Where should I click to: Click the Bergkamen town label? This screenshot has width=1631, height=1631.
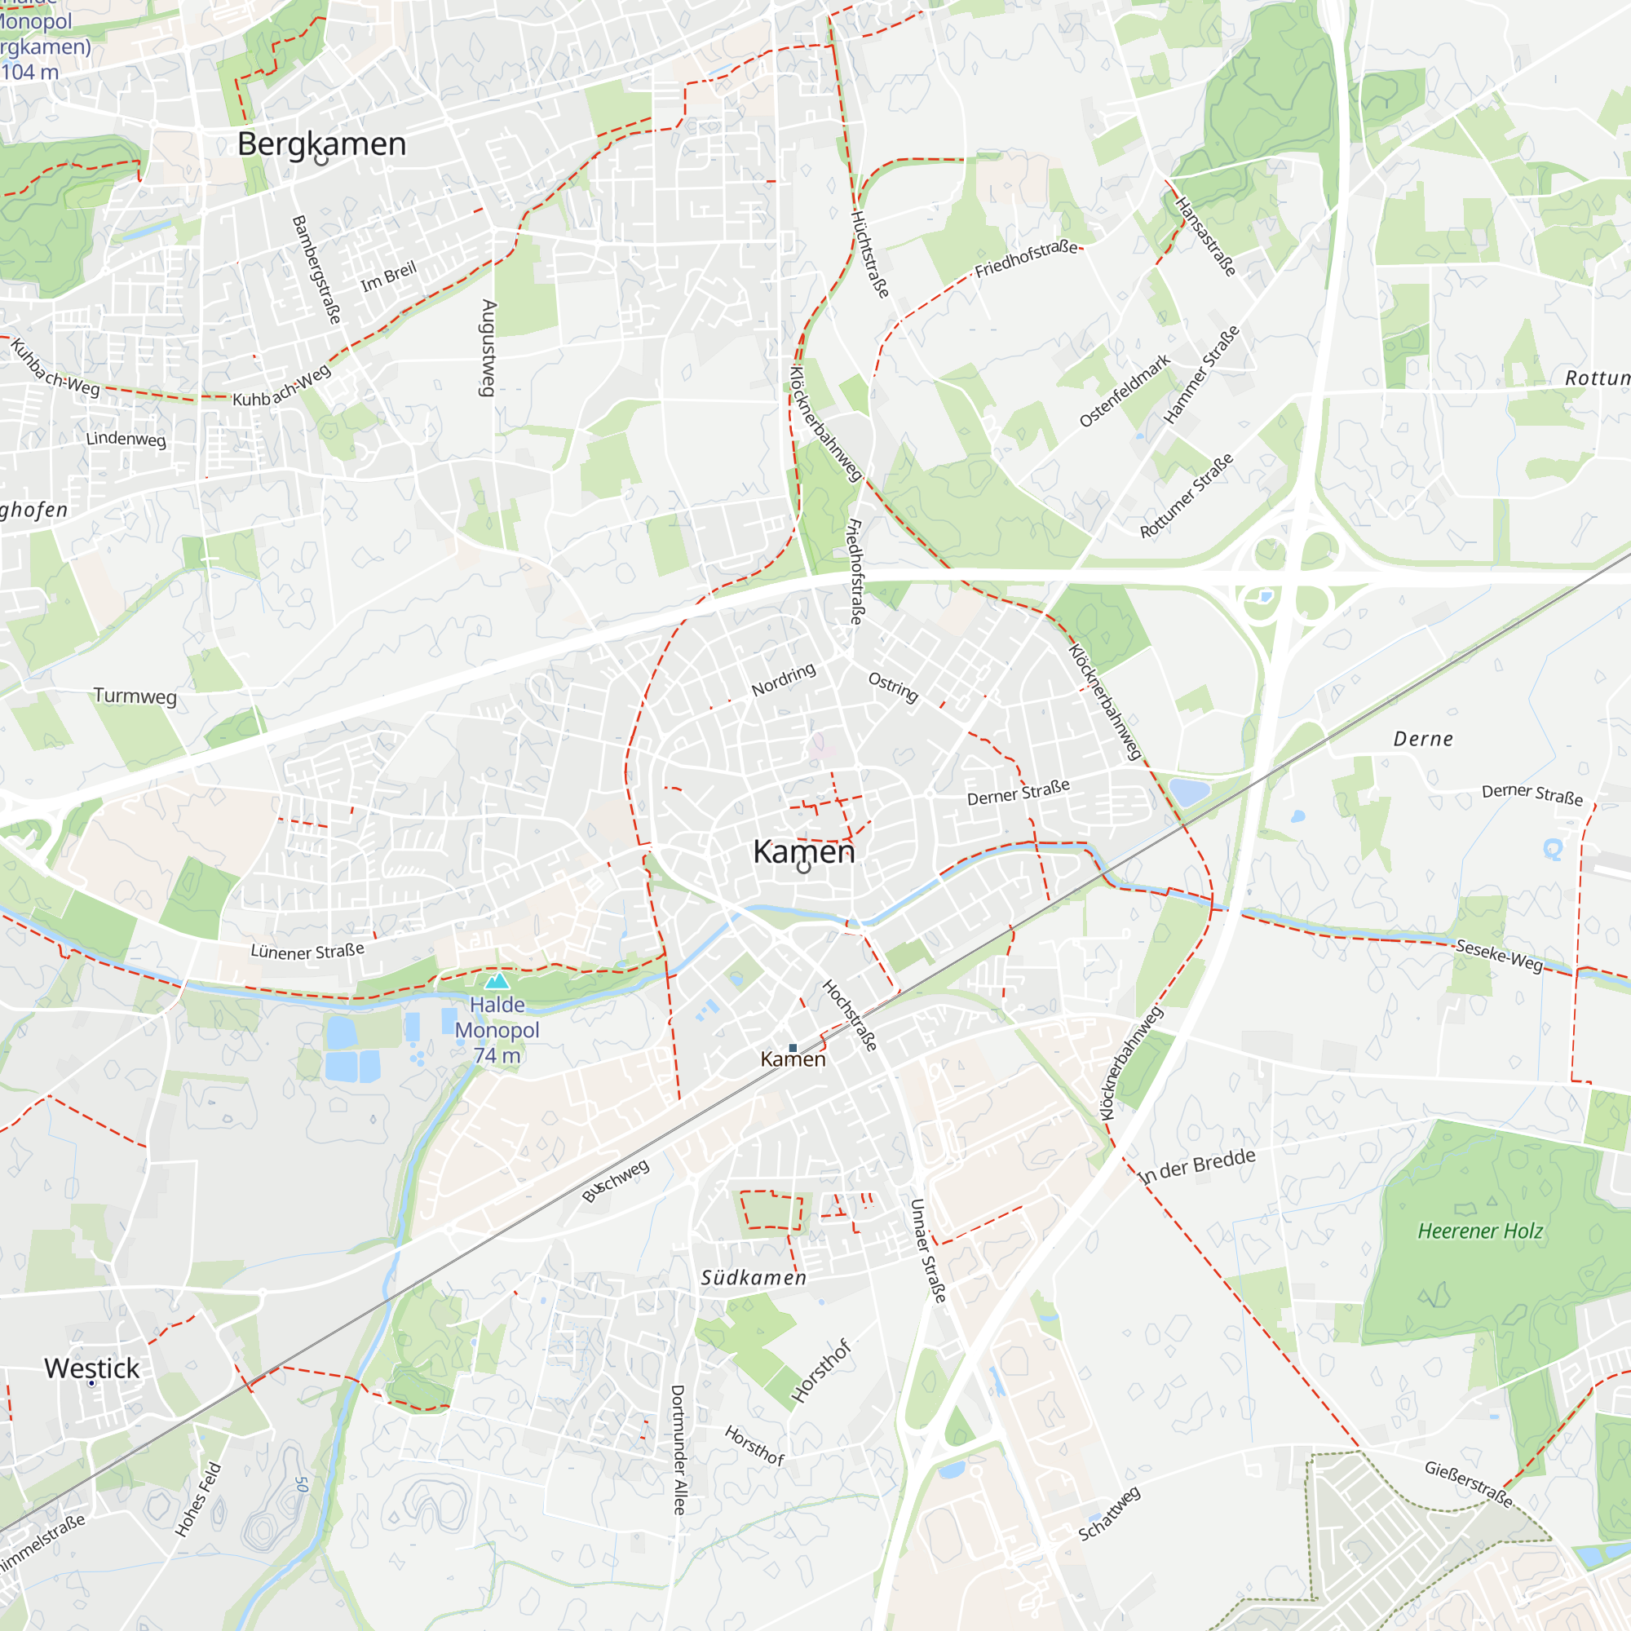pyautogui.click(x=321, y=144)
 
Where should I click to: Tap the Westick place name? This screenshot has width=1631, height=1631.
pyautogui.click(x=91, y=1368)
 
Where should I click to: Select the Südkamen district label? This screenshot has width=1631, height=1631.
pyautogui.click(x=754, y=1278)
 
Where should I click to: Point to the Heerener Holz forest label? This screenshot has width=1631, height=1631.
pyautogui.click(x=1480, y=1231)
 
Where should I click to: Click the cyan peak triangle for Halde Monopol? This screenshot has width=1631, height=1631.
pyautogui.click(x=497, y=980)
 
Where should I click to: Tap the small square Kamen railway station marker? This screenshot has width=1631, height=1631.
pyautogui.click(x=793, y=1048)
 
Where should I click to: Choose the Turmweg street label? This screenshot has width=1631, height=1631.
pyautogui.click(x=135, y=696)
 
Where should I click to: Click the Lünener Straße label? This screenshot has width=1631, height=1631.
pyautogui.click(x=307, y=952)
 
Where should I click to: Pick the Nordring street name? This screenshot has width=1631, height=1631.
pyautogui.click(x=784, y=679)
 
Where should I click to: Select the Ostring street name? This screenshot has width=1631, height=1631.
pyautogui.click(x=893, y=687)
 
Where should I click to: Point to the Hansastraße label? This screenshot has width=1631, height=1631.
pyautogui.click(x=1206, y=236)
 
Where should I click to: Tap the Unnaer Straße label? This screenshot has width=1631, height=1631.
pyautogui.click(x=928, y=1250)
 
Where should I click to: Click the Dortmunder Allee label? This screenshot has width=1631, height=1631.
pyautogui.click(x=678, y=1449)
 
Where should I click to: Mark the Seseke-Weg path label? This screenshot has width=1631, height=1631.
pyautogui.click(x=1500, y=956)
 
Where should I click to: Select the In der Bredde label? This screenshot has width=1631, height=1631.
pyautogui.click(x=1197, y=1166)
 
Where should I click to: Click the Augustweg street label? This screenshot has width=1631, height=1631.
pyautogui.click(x=488, y=348)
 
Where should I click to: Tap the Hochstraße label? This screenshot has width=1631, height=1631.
pyautogui.click(x=850, y=1014)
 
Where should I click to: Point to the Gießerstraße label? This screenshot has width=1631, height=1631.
pyautogui.click(x=1468, y=1483)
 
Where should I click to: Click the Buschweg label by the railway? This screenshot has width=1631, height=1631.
pyautogui.click(x=617, y=1180)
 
